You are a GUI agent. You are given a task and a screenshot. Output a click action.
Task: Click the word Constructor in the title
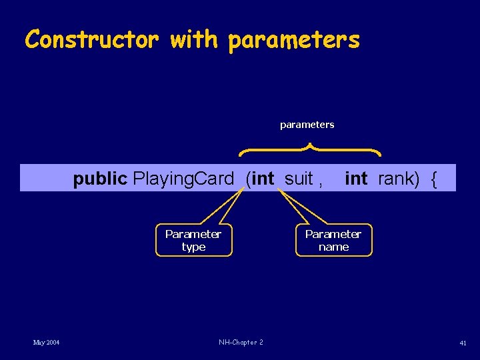[x=91, y=39]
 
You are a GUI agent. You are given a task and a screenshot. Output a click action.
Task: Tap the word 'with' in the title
[x=194, y=39]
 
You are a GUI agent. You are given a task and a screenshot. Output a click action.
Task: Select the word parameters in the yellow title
[x=293, y=41]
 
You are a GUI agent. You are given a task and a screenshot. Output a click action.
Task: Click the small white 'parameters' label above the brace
[x=307, y=125]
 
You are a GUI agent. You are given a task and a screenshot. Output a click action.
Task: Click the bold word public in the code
[x=100, y=179]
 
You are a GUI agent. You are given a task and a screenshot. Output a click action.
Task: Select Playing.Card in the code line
[x=183, y=179]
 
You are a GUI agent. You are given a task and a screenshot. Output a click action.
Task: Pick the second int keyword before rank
[x=356, y=179]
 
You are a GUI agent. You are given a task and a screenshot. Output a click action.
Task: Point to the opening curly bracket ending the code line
[x=434, y=179]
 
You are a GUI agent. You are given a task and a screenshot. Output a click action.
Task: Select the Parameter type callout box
[x=193, y=240]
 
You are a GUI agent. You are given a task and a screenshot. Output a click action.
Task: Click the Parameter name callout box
[x=333, y=240]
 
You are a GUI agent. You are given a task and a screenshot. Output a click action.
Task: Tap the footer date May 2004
[x=47, y=342]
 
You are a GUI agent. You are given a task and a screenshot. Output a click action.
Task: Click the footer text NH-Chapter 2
[x=241, y=342]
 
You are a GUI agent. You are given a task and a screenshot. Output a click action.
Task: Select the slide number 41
[x=463, y=342]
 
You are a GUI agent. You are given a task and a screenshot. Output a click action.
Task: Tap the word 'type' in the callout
[x=193, y=247]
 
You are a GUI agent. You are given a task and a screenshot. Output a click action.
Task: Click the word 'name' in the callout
[x=333, y=247]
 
